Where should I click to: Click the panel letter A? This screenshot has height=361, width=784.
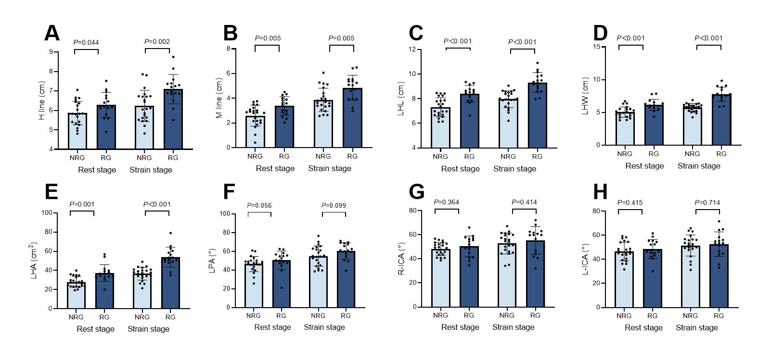[51, 34]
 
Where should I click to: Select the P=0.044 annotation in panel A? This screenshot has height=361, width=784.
[86, 42]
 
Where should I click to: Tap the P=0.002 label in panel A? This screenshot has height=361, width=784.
[157, 42]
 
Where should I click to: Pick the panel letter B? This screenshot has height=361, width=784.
[231, 34]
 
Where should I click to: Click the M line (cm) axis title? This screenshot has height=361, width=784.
[219, 98]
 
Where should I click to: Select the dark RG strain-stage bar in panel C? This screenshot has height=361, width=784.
[537, 115]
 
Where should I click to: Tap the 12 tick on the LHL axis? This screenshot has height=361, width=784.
[412, 50]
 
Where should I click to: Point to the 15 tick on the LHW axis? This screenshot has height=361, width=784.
[597, 47]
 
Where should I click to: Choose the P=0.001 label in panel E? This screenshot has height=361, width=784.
[82, 204]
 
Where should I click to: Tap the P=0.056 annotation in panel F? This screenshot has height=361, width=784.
[259, 206]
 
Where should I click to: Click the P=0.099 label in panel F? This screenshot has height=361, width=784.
[334, 206]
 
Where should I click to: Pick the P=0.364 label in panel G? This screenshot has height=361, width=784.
[446, 202]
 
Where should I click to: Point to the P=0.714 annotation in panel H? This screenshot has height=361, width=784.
[707, 203]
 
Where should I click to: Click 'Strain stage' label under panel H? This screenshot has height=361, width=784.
[696, 328]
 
